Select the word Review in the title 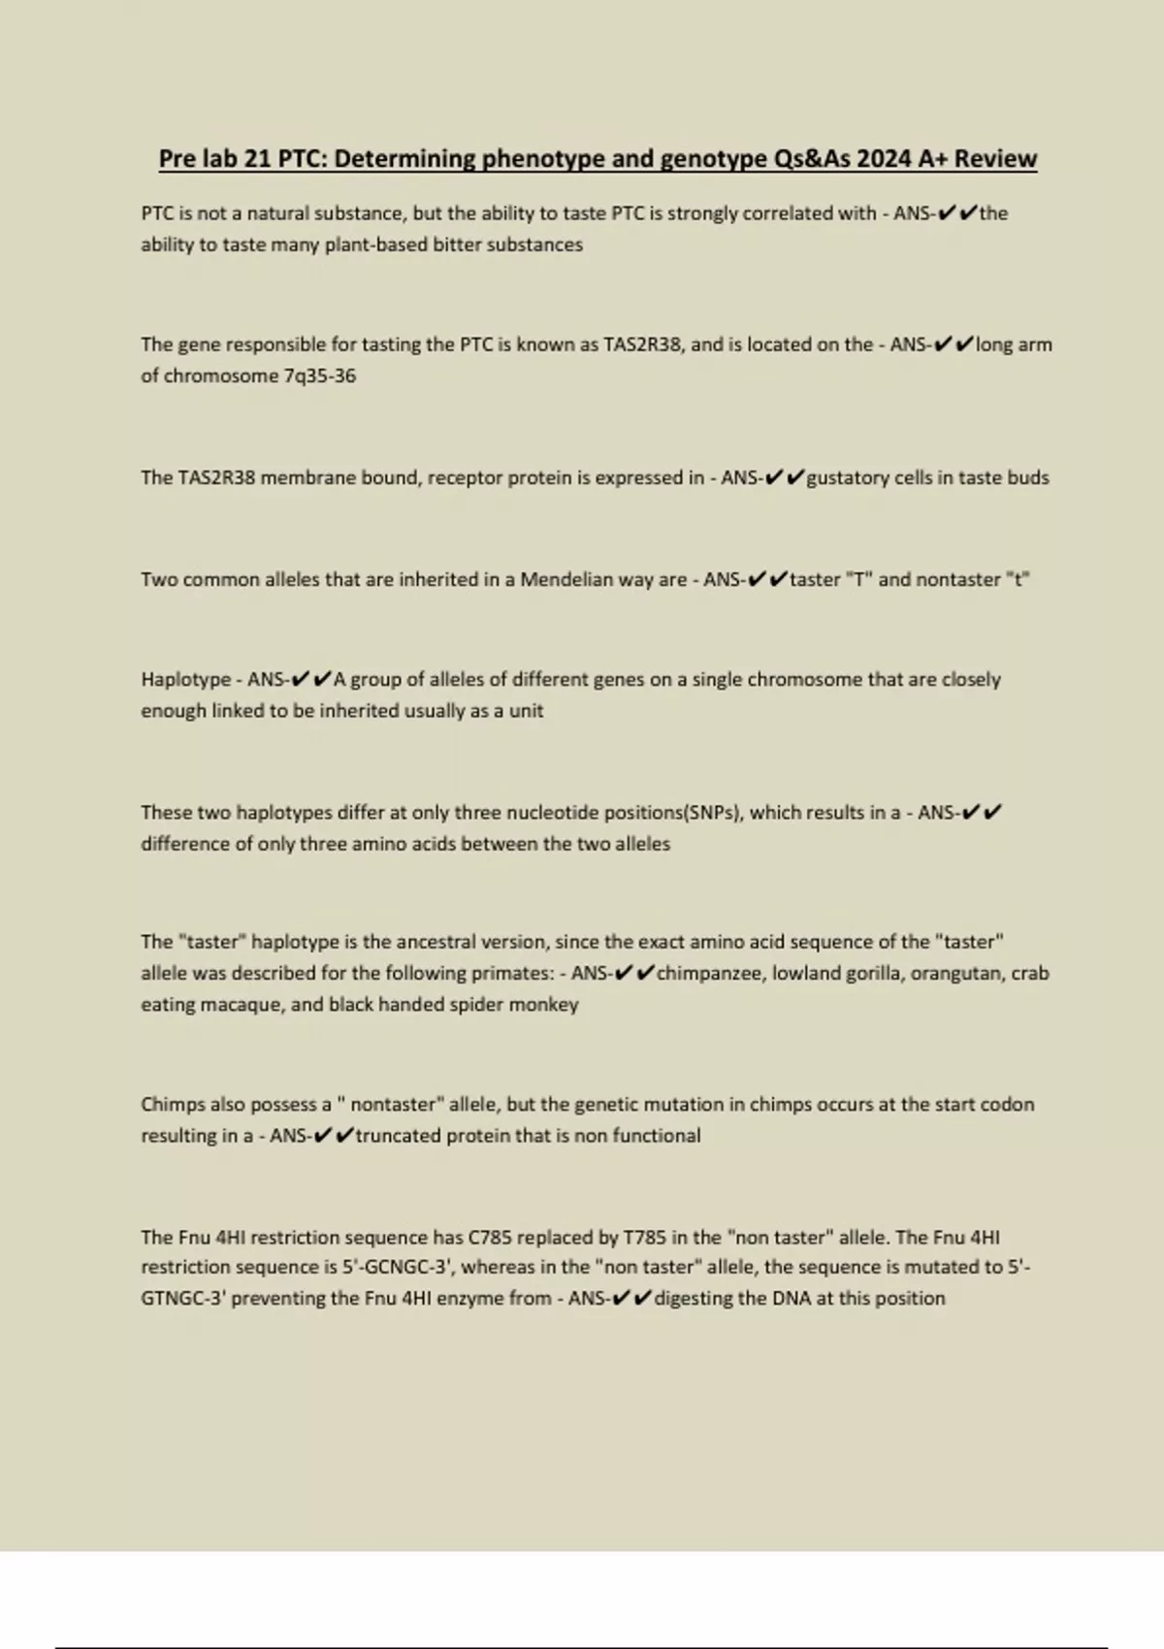click(x=996, y=158)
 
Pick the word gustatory click(x=848, y=477)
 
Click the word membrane click(x=308, y=477)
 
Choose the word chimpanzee click(x=710, y=973)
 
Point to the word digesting click(x=695, y=1298)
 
